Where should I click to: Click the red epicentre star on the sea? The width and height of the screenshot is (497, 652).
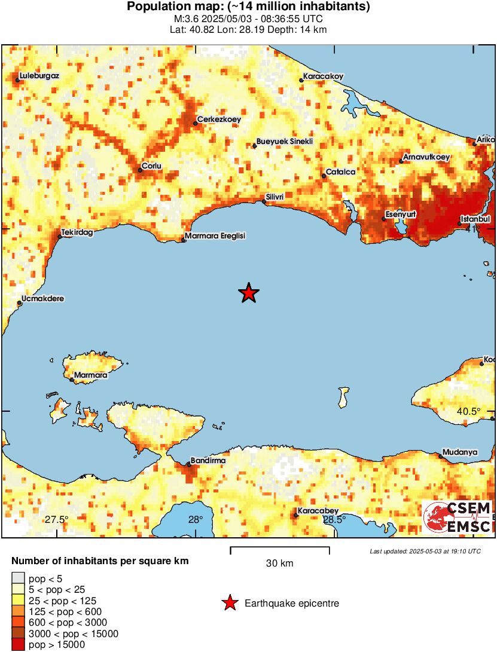249,293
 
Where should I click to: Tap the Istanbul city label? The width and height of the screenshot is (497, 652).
475,219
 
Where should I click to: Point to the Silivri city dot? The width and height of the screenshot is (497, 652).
264,202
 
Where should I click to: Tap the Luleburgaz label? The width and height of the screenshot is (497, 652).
39,76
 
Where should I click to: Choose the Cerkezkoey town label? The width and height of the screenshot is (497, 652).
219,120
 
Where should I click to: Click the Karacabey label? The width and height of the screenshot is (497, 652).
319,510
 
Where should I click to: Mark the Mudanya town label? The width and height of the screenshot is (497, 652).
461,452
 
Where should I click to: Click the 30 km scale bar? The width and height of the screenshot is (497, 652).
280,547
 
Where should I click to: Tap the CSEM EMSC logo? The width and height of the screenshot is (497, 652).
458,517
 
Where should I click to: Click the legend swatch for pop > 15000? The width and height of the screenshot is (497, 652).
18,645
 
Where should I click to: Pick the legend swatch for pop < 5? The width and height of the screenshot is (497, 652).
18,578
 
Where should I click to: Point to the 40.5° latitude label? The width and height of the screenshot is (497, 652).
469,411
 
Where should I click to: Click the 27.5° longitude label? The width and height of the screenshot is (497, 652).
57,519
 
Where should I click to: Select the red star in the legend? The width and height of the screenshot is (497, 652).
230,604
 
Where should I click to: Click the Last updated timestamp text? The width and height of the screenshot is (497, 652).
425,551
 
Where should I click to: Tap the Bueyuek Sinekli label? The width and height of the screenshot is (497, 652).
285,142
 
